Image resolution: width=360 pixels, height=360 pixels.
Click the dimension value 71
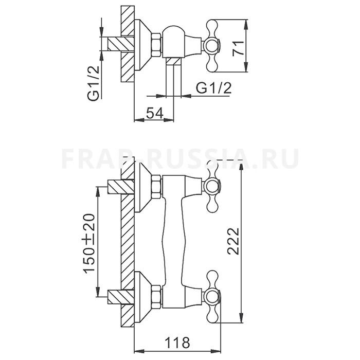(x=238, y=48)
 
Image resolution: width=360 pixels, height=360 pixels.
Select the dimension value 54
(x=154, y=113)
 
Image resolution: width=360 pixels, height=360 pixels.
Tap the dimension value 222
(x=233, y=241)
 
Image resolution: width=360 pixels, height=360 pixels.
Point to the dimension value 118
(x=178, y=343)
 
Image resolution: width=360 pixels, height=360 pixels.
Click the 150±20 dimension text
(x=89, y=243)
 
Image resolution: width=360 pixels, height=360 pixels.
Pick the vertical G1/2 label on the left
(x=94, y=83)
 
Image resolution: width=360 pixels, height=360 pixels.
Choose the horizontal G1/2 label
(x=214, y=88)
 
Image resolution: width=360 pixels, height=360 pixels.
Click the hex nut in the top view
(x=156, y=45)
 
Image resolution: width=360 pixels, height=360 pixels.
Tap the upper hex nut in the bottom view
(x=156, y=187)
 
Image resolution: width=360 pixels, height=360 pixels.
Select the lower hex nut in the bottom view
(x=156, y=297)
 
